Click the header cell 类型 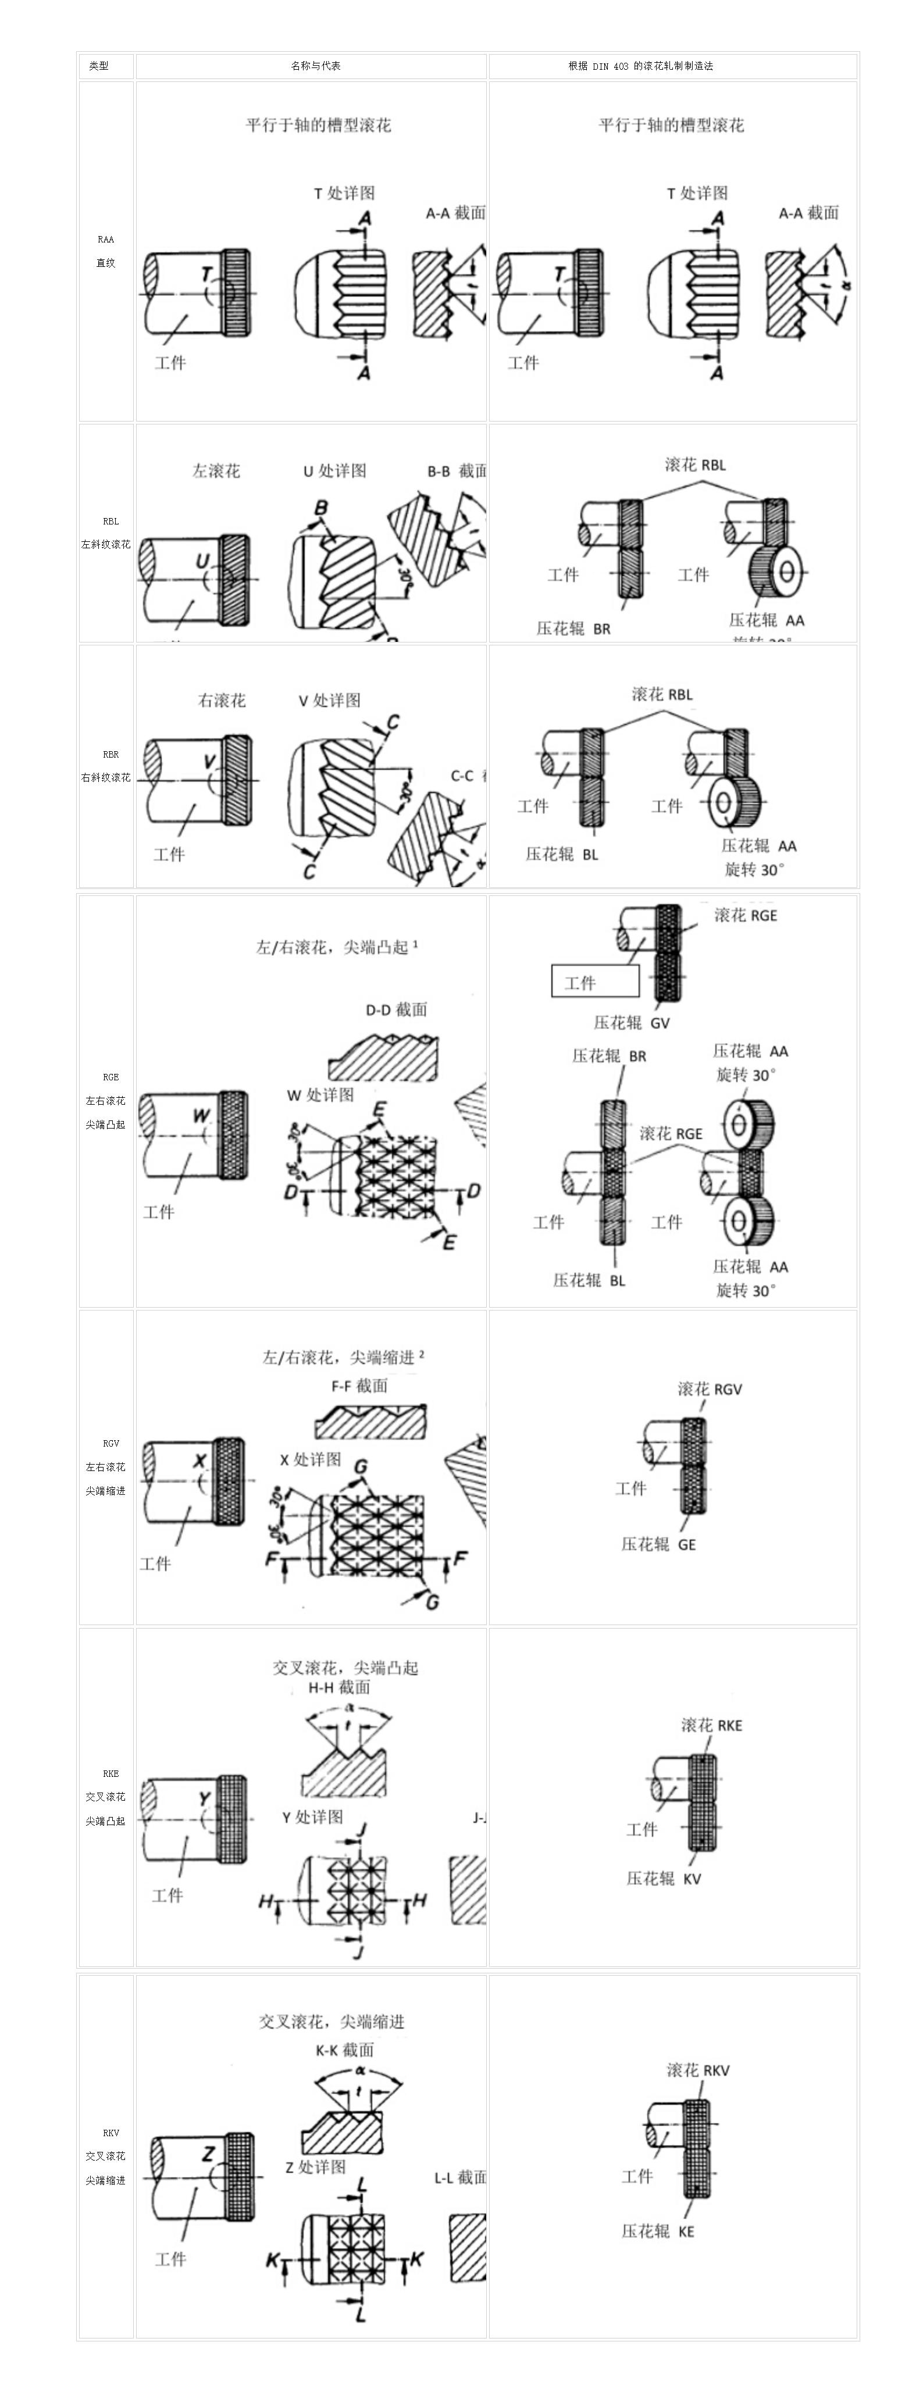coord(98,66)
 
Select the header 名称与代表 coord(316,66)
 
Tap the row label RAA coord(106,240)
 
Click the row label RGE coord(111,1077)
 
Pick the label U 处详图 coord(334,471)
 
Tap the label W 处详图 coord(320,1095)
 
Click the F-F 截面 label coord(359,1386)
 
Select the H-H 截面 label coord(339,1687)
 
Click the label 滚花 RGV coord(710,1389)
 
